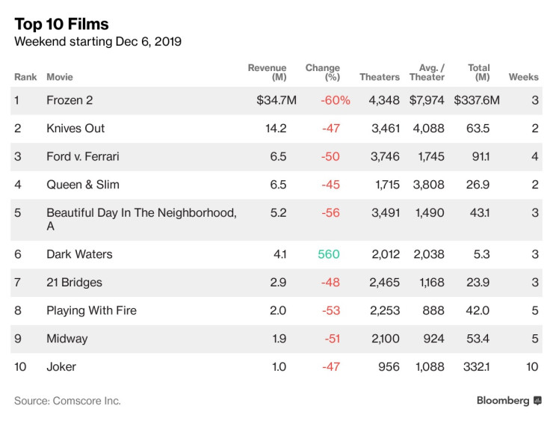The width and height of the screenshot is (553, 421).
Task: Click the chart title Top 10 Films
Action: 61,23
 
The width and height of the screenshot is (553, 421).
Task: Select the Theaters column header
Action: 380,77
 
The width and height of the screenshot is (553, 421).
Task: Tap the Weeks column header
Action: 523,77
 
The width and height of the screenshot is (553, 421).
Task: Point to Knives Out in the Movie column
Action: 75,128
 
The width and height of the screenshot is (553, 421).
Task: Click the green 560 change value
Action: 328,254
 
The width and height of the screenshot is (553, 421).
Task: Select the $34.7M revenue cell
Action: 276,100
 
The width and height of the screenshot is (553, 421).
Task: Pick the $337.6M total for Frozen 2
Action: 479,100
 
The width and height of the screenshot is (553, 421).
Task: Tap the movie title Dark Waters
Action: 79,254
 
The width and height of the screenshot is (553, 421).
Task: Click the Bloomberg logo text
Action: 503,401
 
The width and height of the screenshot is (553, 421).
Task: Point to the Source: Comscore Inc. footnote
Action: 67,401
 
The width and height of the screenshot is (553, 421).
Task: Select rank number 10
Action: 21,366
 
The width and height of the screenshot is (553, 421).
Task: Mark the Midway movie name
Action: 67,339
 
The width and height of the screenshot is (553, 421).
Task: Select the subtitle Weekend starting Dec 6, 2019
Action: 98,42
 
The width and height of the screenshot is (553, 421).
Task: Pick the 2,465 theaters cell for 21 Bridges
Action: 385,283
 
